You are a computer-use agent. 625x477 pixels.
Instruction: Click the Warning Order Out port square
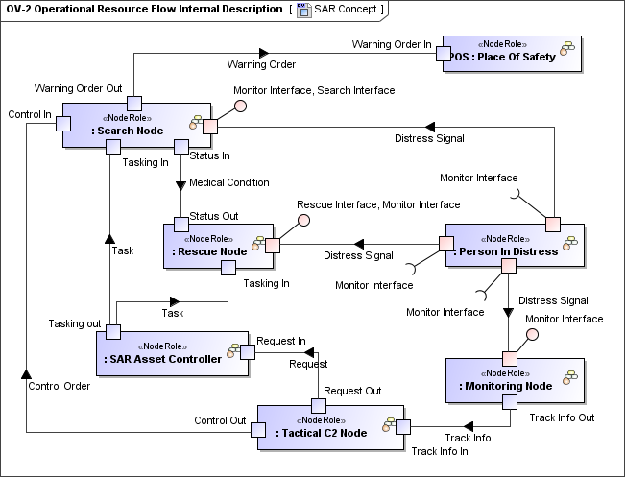click(x=134, y=103)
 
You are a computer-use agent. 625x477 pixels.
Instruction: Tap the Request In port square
click(x=247, y=352)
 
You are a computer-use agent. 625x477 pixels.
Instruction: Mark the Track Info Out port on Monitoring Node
click(x=509, y=403)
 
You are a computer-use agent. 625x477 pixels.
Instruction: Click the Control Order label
click(x=60, y=387)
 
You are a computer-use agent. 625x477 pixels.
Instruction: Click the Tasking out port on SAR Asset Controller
click(x=112, y=331)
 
